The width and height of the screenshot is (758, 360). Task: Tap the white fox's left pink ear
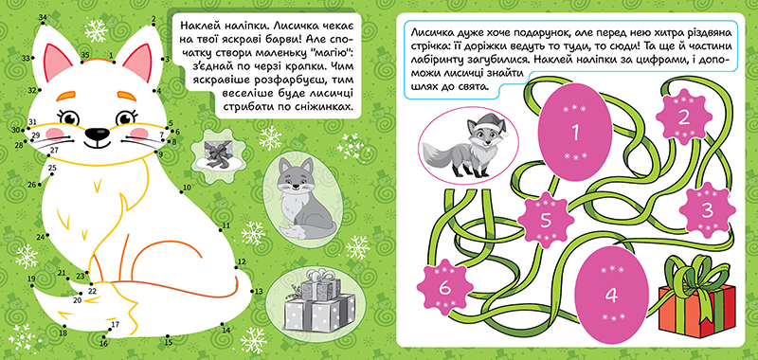[x=57, y=61]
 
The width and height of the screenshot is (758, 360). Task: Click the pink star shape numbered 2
[x=682, y=117]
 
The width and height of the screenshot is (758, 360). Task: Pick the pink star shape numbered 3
[x=707, y=209]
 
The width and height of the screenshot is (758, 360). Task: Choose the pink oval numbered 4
[x=611, y=296]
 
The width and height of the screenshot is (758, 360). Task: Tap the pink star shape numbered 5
[x=546, y=221]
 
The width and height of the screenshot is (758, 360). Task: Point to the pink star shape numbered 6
[x=444, y=286]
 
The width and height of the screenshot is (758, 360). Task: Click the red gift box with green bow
[x=696, y=297]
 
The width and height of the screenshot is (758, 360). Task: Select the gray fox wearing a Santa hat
[x=467, y=147]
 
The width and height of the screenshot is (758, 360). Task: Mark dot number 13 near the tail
[x=252, y=291]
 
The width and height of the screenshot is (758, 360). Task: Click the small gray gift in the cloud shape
[x=216, y=154]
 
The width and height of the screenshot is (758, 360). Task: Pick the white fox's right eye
[x=125, y=117]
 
